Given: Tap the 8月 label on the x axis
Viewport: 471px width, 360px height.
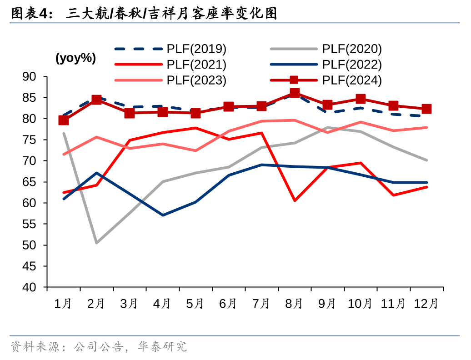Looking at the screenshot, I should [x=294, y=304].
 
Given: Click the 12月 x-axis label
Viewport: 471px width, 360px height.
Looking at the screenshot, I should [x=426, y=304].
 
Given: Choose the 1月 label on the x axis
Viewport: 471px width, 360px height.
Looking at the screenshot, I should [x=63, y=304].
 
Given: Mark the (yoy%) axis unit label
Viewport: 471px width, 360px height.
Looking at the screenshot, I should [x=75, y=58].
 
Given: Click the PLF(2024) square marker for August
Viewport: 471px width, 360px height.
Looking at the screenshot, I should [x=295, y=93].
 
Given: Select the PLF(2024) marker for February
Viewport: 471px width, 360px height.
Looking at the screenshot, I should [x=96, y=100].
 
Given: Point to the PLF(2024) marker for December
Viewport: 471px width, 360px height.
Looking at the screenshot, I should [x=426, y=109].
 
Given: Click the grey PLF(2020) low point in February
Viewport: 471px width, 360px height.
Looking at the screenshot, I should [x=96, y=243].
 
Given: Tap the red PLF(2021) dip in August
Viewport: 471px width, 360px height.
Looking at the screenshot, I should [x=295, y=200].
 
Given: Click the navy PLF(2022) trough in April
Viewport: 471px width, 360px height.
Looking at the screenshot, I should [x=163, y=215].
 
